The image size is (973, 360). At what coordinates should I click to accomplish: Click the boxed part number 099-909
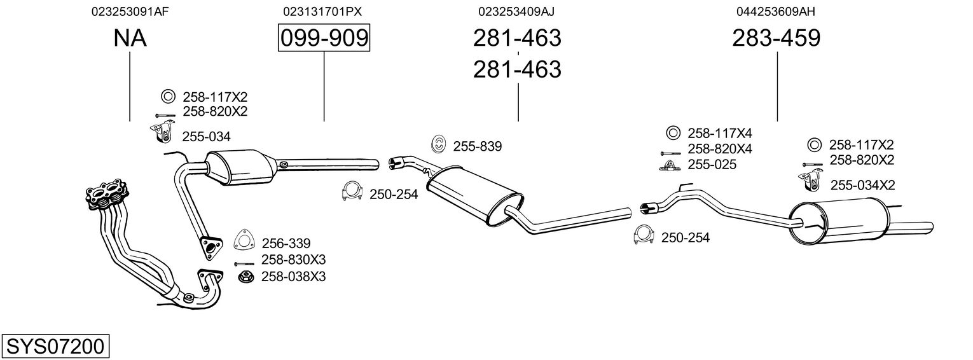click(x=324, y=38)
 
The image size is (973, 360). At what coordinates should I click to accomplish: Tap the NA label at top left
click(x=130, y=38)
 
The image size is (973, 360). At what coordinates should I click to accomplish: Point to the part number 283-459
click(x=776, y=38)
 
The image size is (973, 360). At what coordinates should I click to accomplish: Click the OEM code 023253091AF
click(x=130, y=11)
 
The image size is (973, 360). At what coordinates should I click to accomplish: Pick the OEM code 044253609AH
click(x=776, y=11)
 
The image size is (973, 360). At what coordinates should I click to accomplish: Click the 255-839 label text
click(x=478, y=147)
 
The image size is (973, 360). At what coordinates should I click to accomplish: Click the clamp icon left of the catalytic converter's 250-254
click(x=351, y=192)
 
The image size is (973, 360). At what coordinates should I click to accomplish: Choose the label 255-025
click(x=712, y=165)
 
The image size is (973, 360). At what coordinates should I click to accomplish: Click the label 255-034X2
click(x=862, y=185)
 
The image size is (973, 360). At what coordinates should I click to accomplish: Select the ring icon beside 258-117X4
click(x=672, y=133)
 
